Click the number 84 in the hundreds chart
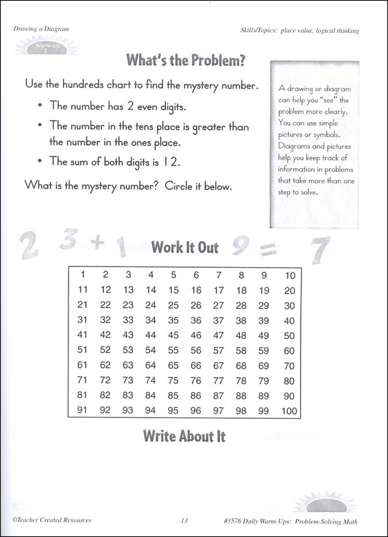pyautogui.click(x=150, y=395)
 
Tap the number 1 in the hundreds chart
pyautogui.click(x=83, y=275)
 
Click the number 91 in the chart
pyautogui.click(x=83, y=410)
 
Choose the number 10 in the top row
pyautogui.click(x=289, y=275)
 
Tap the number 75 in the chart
pyautogui.click(x=173, y=381)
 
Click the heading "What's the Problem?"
pyautogui.click(x=185, y=62)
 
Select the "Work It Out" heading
pyautogui.click(x=185, y=248)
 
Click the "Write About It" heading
pyautogui.click(x=184, y=436)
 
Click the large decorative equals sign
pyautogui.click(x=267, y=250)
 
